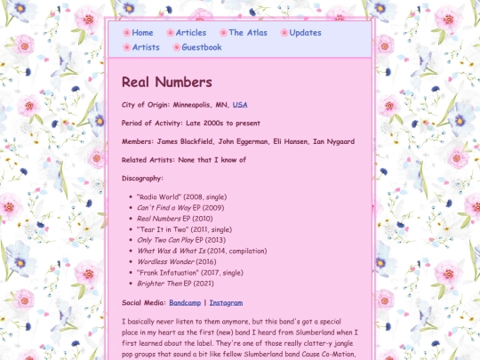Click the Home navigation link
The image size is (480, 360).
tap(142, 33)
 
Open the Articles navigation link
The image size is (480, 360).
tap(190, 33)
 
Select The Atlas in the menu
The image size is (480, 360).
tap(247, 33)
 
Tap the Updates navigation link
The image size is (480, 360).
tap(305, 33)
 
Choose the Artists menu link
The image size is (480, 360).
tap(146, 47)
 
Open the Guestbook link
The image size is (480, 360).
tap(201, 47)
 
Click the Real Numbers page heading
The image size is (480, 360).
tap(167, 83)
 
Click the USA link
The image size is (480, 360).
tap(240, 105)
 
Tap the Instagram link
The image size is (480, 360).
tap(226, 302)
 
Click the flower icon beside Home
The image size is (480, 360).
tap(126, 33)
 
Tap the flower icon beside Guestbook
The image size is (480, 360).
tap(176, 47)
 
